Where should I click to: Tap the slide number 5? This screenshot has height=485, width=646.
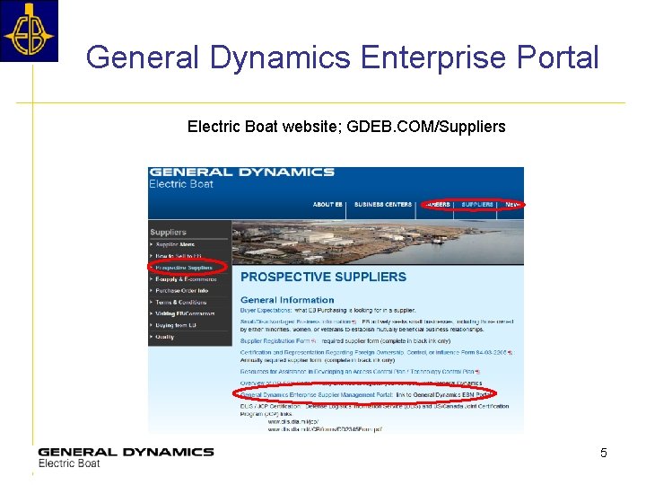pyautogui.click(x=604, y=453)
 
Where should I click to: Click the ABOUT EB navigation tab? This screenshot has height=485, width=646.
pyautogui.click(x=327, y=205)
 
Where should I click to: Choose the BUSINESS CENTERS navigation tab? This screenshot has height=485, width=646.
pyautogui.click(x=383, y=205)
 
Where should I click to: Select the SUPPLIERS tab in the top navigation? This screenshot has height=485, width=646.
pyautogui.click(x=477, y=205)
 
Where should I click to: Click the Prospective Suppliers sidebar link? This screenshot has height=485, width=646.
pyautogui.click(x=184, y=268)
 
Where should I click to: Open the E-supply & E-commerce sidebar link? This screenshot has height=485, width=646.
pyautogui.click(x=186, y=279)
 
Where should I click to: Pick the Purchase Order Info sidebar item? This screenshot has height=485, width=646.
pyautogui.click(x=182, y=291)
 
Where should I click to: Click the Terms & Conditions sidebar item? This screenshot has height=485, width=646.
pyautogui.click(x=181, y=303)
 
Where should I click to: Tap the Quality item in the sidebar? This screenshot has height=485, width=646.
pyautogui.click(x=165, y=337)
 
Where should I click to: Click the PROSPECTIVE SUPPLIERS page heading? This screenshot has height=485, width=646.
pyautogui.click(x=323, y=277)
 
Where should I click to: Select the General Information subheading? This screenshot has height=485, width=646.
pyautogui.click(x=287, y=300)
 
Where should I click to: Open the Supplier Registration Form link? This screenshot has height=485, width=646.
pyautogui.click(x=273, y=340)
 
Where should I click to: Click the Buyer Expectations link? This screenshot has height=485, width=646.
pyautogui.click(x=269, y=310)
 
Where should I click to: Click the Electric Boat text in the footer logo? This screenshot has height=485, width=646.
pyautogui.click(x=69, y=463)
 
